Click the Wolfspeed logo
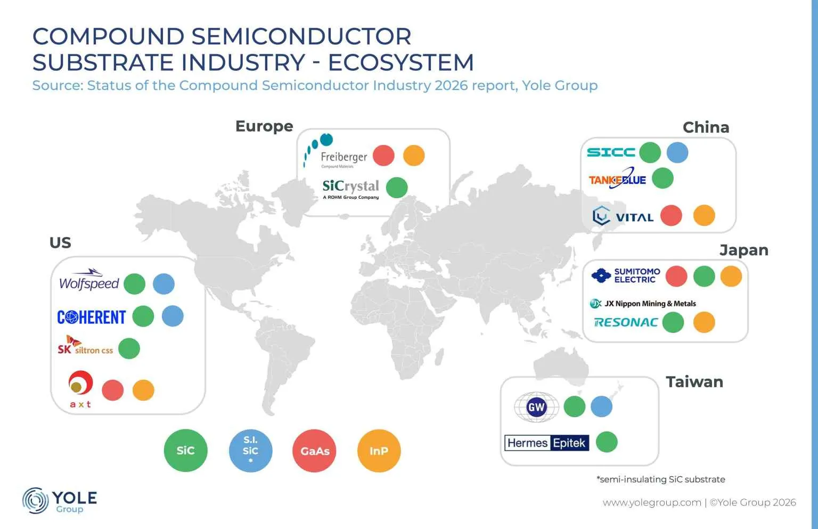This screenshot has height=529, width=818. (89, 281)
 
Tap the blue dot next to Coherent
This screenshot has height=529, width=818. (173, 316)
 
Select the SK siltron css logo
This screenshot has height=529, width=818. (85, 346)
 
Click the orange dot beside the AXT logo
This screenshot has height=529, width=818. (143, 390)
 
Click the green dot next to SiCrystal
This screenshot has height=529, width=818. (396, 188)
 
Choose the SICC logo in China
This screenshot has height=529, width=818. (611, 152)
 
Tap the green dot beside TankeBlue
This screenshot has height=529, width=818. (662, 178)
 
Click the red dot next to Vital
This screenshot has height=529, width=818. (671, 216)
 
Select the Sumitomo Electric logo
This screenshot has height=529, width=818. (626, 275)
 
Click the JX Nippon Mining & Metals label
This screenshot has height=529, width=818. (643, 304)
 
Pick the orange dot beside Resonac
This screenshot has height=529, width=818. (704, 322)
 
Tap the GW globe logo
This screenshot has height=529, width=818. (536, 408)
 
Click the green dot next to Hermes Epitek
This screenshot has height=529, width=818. (607, 442)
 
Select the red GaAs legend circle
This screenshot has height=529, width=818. (315, 451)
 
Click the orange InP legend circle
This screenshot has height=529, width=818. (379, 451)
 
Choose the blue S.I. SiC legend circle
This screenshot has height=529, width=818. (250, 451)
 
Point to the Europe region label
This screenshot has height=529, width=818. (264, 126)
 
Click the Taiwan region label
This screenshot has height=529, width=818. (694, 382)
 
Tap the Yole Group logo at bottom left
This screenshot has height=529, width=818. (60, 501)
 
